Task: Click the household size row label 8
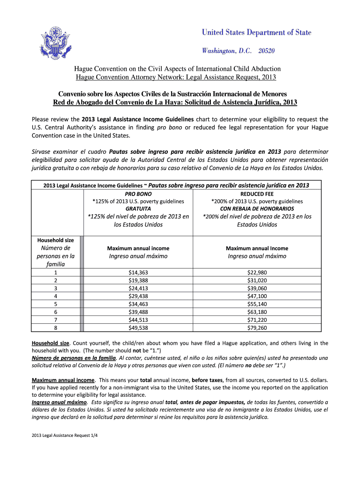click(56, 328)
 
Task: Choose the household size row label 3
click(56, 288)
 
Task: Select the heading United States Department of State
click(256, 32)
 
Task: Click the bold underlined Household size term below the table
click(50, 343)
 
